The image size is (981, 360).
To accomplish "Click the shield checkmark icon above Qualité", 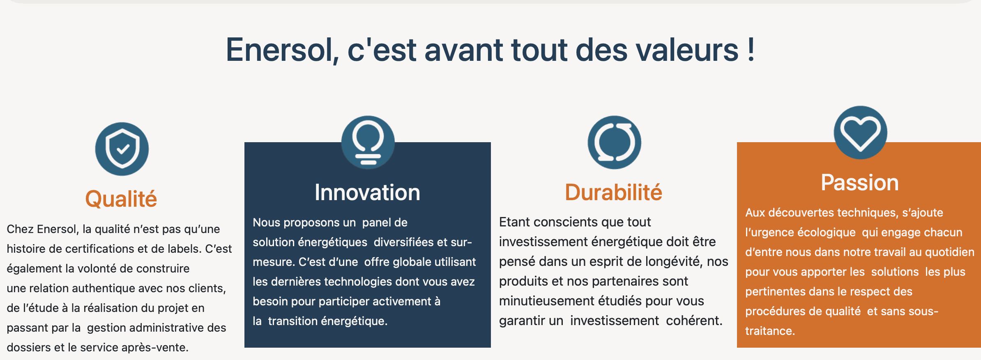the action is [x=122, y=149].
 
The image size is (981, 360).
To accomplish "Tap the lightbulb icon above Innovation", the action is [x=368, y=142].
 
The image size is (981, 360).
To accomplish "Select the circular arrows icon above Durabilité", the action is [x=614, y=142].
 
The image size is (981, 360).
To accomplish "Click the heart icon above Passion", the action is [x=860, y=132].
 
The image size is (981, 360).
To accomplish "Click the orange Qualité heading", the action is [x=121, y=199].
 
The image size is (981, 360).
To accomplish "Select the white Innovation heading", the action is [x=368, y=192].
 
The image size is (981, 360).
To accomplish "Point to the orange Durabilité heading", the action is [x=614, y=192].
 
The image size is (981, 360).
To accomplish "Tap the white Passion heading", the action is [x=860, y=182].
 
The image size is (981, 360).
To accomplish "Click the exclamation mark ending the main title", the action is [x=751, y=49].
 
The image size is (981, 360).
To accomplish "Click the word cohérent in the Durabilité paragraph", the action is [x=694, y=321].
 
